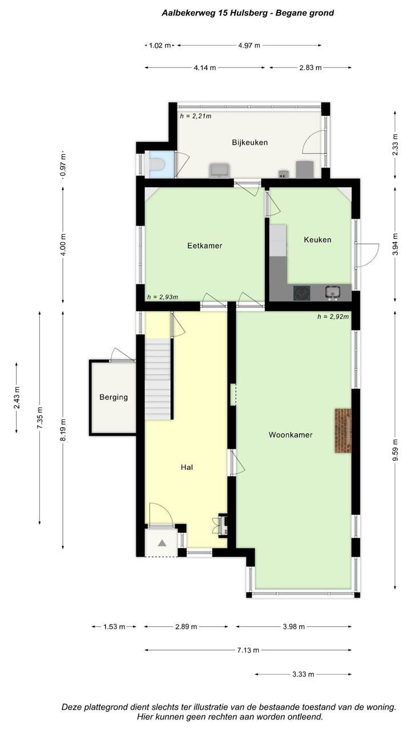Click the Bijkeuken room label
pyautogui.click(x=250, y=142)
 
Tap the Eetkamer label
pyautogui.click(x=204, y=246)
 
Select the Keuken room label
pyautogui.click(x=317, y=239)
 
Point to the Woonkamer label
pyautogui.click(x=291, y=435)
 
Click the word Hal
pyautogui.click(x=187, y=467)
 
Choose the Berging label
pyautogui.click(x=114, y=397)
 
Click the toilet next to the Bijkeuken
pyautogui.click(x=158, y=164)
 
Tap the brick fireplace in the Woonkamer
pyautogui.click(x=343, y=431)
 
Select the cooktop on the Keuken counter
pyautogui.click(x=301, y=293)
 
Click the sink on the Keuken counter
pyautogui.click(x=332, y=292)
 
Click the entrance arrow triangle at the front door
pyautogui.click(x=162, y=543)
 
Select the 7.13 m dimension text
pyautogui.click(x=248, y=650)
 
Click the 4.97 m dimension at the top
pyautogui.click(x=249, y=45)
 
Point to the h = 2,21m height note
pyautogui.click(x=196, y=116)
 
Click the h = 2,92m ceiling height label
pyautogui.click(x=333, y=316)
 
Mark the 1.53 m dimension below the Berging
pyautogui.click(x=114, y=626)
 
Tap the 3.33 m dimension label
pyautogui.click(x=303, y=674)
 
